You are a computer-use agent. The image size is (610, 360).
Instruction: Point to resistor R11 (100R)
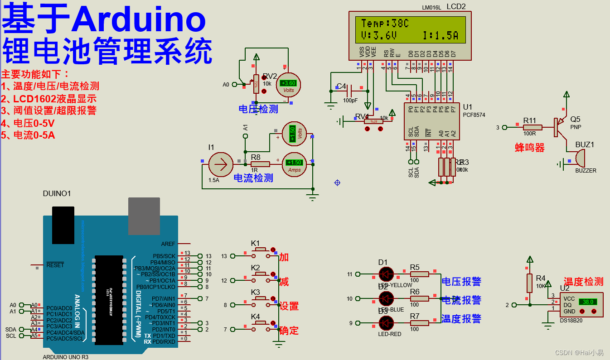tap(532, 127)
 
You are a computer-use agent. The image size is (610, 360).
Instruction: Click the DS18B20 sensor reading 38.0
tap(581, 305)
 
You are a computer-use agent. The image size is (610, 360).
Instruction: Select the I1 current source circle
tap(221, 164)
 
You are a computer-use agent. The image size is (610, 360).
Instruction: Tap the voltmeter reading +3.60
tap(288, 85)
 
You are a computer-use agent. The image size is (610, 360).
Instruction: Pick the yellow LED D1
tap(386, 274)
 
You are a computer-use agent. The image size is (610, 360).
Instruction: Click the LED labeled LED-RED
tap(386, 323)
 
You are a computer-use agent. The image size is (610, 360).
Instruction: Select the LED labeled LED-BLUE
tap(386, 298)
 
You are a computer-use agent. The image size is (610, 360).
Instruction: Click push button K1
tap(260, 250)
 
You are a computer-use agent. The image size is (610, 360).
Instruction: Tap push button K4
tap(260, 323)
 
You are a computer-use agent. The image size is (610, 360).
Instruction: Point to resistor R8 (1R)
tap(260, 164)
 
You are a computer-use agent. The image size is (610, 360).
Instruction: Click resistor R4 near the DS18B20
tap(529, 283)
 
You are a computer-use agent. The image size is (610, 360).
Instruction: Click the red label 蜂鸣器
tap(529, 148)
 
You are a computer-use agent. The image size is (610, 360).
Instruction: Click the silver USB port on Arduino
tap(144, 216)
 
